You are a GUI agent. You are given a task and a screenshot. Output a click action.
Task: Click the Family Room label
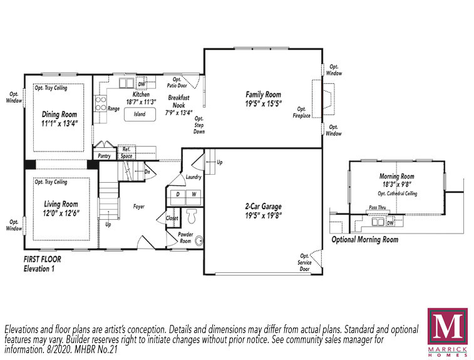coord(264,95)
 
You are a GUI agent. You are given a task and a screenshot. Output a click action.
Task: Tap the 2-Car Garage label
coord(264,207)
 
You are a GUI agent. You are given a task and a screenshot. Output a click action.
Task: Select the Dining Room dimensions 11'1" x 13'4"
coord(59,123)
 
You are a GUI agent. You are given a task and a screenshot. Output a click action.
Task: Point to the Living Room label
coord(61,204)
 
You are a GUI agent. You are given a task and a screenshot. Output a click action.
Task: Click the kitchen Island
coord(140,114)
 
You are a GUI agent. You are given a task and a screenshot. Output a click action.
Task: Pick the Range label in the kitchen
coord(114,108)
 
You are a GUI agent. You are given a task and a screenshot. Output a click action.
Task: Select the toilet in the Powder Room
coord(192,215)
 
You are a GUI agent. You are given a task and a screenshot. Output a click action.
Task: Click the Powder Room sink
coord(198,241)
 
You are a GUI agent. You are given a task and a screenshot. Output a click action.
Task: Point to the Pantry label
coord(105,156)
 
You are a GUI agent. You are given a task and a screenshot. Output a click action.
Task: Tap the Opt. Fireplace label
coord(301,112)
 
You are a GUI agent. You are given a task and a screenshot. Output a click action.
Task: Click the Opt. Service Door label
coord(304,262)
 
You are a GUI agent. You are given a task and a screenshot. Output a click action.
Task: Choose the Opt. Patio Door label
coord(177,83)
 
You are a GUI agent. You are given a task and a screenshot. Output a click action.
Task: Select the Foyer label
coord(139,207)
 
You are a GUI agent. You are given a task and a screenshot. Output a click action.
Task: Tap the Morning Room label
coord(396,176)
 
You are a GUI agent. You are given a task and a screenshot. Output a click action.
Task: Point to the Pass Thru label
coord(378,208)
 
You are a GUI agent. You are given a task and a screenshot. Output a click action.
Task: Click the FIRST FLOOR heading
coord(43,259)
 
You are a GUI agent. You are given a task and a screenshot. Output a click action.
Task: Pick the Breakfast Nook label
coord(178,101)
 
